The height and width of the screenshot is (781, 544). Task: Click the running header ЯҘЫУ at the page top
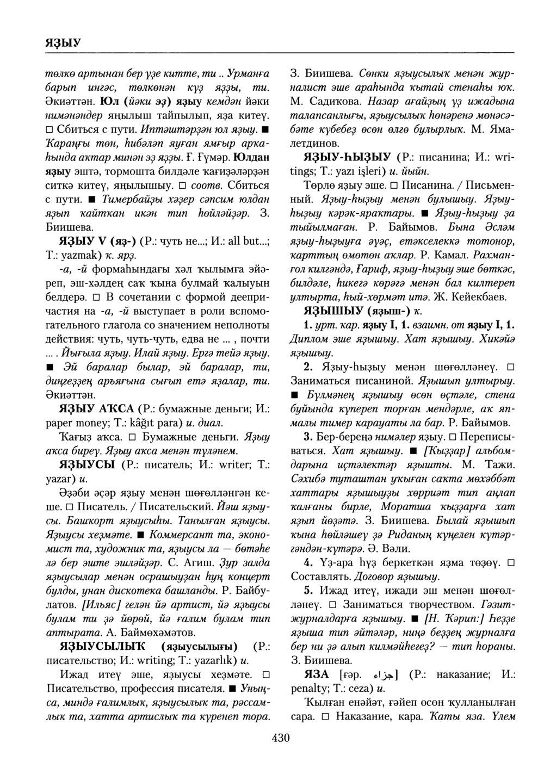coord(63,42)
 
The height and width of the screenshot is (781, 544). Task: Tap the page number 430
coord(281,737)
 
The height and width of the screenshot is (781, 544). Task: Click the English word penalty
coord(310,689)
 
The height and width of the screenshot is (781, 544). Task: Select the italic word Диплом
coord(307,339)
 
